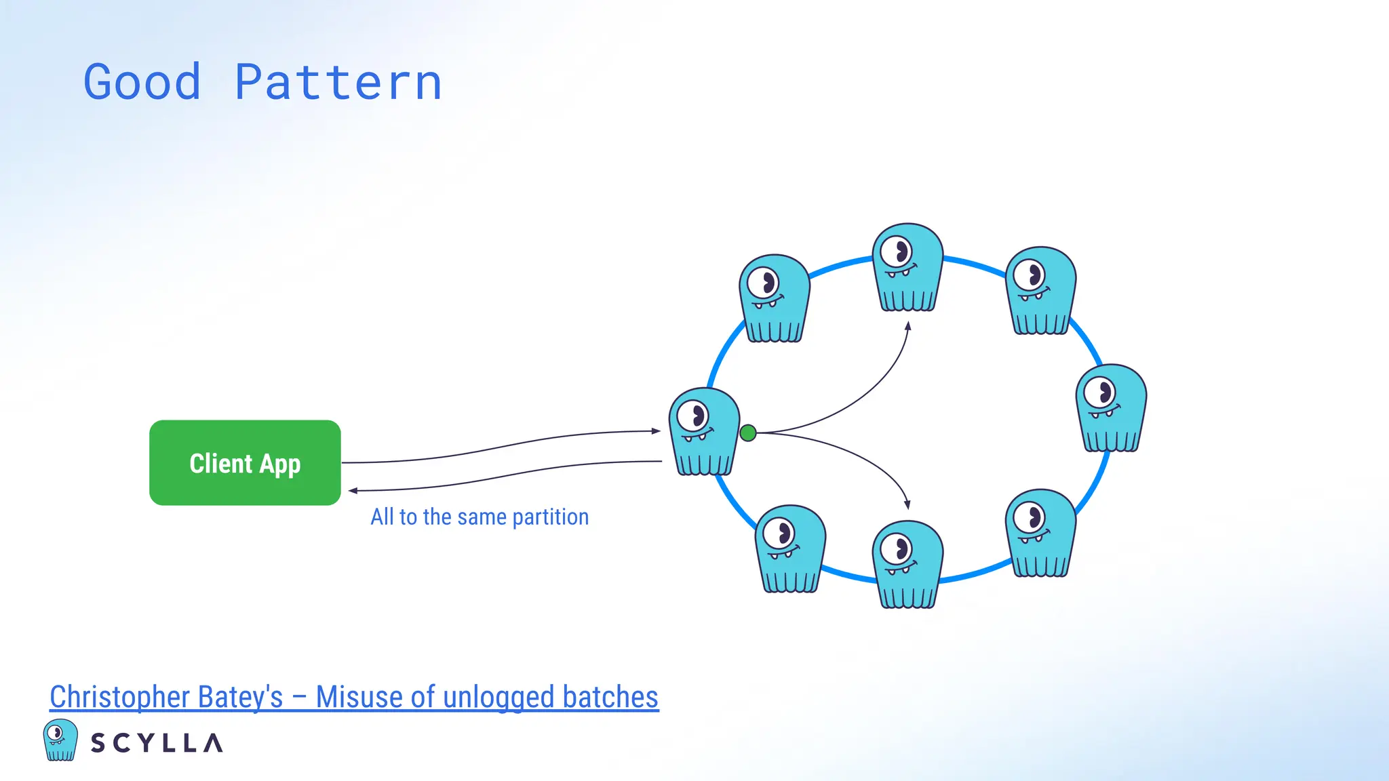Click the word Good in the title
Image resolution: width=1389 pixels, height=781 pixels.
[142, 83]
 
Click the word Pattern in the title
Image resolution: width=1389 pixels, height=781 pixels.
[338, 83]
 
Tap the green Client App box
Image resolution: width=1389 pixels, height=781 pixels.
[245, 463]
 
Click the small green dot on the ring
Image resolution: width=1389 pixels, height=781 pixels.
[748, 433]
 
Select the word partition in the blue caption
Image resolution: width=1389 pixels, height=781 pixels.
[550, 517]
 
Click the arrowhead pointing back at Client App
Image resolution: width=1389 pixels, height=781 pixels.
[353, 490]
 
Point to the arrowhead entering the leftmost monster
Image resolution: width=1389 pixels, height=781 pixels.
[656, 430]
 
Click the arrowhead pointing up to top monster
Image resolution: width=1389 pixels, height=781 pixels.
[908, 326]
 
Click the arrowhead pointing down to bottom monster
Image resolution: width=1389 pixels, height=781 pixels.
[907, 505]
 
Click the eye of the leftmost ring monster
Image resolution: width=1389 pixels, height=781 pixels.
[693, 416]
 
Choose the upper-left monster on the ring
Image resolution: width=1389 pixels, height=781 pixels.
[774, 298]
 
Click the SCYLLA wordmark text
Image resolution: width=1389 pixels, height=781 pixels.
[157, 743]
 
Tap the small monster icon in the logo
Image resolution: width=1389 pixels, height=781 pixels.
[60, 740]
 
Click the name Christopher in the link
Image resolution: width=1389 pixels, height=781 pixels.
[119, 697]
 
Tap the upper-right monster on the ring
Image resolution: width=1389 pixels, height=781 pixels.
[1040, 289]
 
